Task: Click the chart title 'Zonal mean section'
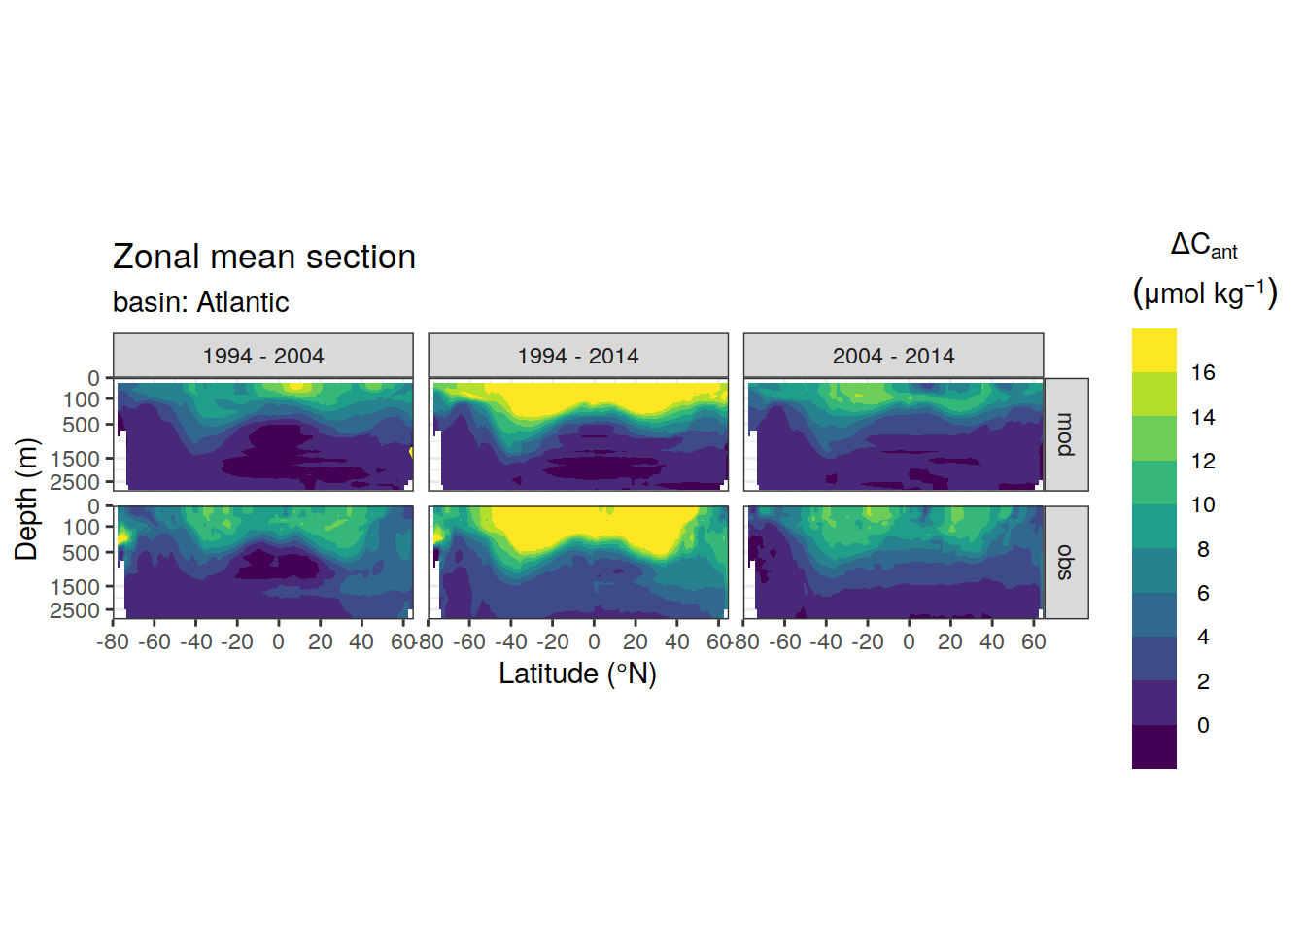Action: [x=263, y=258]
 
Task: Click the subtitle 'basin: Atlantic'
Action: [x=200, y=302]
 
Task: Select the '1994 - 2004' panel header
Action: [x=263, y=356]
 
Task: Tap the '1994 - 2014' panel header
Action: [x=578, y=356]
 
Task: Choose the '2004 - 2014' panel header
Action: [x=893, y=356]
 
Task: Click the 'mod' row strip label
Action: [x=1066, y=434]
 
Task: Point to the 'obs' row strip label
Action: [x=1066, y=563]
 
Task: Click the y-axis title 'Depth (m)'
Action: [x=26, y=499]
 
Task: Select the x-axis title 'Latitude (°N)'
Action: [x=578, y=674]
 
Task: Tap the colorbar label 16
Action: [x=1203, y=372]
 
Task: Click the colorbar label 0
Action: [x=1203, y=725]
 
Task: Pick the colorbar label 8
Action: [x=1203, y=549]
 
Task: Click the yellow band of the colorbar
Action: [x=1154, y=351]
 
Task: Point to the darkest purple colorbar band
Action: [x=1154, y=747]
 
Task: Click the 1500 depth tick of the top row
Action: [x=75, y=459]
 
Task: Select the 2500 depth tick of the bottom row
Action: [x=75, y=610]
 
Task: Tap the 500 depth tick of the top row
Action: [x=82, y=425]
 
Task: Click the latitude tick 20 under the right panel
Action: [x=950, y=642]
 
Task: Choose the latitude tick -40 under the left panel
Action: [x=196, y=642]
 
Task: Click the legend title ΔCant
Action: [x=1204, y=246]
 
